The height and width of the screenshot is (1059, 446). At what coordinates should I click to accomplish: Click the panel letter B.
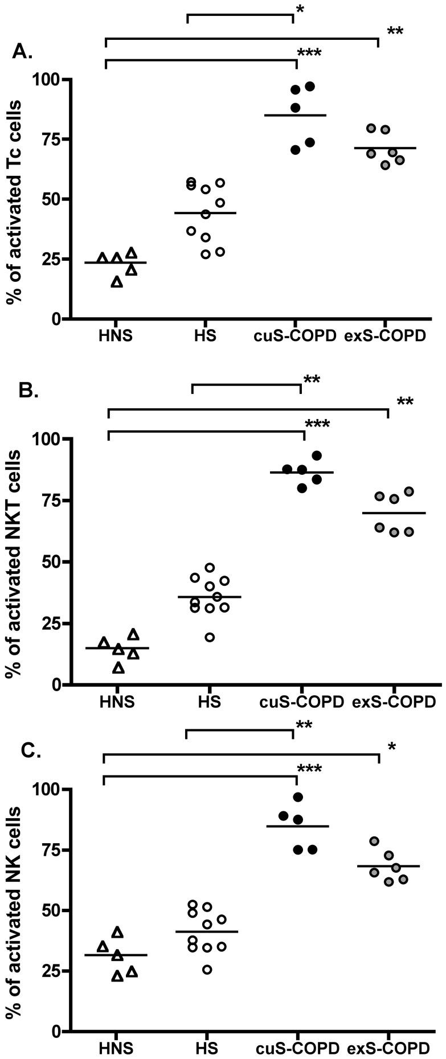(x=28, y=391)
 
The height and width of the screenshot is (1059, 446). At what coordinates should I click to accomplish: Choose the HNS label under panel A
(x=114, y=336)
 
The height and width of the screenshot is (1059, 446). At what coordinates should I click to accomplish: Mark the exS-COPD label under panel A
(x=385, y=336)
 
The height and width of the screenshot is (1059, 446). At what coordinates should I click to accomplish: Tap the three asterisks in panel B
(x=317, y=425)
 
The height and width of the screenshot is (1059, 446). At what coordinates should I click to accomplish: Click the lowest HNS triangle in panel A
(x=116, y=282)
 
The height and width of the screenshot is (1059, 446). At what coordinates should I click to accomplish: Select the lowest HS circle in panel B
(x=210, y=637)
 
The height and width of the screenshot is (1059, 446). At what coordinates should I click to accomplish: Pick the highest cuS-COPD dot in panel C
(x=298, y=797)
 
